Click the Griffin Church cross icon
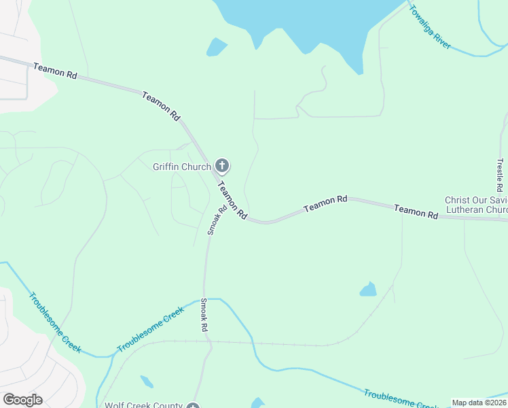222,165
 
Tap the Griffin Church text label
182,166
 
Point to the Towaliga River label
430,27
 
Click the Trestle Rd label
500,175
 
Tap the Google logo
22,399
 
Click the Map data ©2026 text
479,403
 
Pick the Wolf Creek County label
143,405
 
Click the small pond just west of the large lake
216,47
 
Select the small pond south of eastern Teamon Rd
368,290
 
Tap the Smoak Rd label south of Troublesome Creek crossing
203,315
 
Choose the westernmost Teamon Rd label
55,70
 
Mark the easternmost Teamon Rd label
416,212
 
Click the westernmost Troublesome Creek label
55,322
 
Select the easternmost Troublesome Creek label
401,399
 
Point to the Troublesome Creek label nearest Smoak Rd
150,329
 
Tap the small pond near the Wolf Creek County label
146,381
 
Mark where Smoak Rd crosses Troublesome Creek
204,299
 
